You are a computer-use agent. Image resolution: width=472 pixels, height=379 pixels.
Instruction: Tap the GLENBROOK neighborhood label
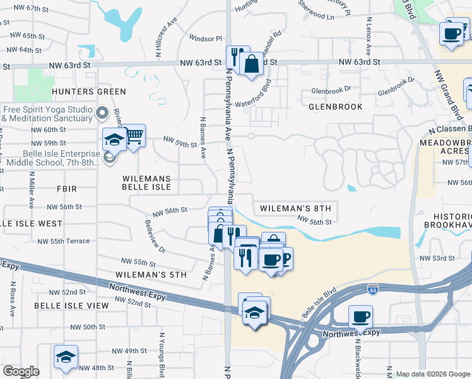pyautogui.click(x=335, y=107)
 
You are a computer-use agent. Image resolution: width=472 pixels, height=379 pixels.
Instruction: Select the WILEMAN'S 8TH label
pyautogui.click(x=295, y=208)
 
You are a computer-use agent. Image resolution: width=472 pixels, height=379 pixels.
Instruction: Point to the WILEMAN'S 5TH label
pyautogui.click(x=151, y=275)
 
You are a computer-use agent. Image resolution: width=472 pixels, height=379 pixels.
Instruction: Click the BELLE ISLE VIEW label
pyautogui.click(x=71, y=305)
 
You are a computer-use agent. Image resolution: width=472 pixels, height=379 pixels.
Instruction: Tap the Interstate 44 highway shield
pyautogui.click(x=373, y=289)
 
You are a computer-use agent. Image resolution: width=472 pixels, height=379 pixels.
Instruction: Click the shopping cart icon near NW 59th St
pyautogui.click(x=134, y=136)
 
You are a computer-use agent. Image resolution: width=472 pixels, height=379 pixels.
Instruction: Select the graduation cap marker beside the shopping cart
pyautogui.click(x=114, y=140)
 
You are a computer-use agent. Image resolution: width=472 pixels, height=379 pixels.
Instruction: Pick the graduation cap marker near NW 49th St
pyautogui.click(x=66, y=357)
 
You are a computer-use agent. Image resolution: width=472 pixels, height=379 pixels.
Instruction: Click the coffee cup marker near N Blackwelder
pyautogui.click(x=360, y=316)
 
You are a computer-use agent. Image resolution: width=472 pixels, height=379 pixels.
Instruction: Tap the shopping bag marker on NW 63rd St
pyautogui.click(x=251, y=64)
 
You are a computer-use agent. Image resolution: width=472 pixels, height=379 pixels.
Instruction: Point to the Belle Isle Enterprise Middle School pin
pyautogui.click(x=110, y=156)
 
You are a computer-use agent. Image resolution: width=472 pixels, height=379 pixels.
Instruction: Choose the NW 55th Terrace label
pyautogui.click(x=64, y=241)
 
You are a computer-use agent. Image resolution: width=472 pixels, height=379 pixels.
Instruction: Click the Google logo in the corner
pyautogui.click(x=21, y=371)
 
